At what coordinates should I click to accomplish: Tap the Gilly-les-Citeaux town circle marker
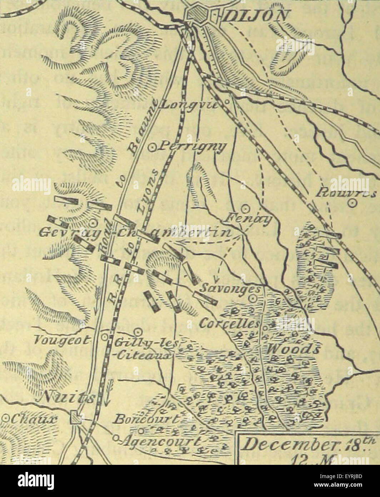point(139,331)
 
